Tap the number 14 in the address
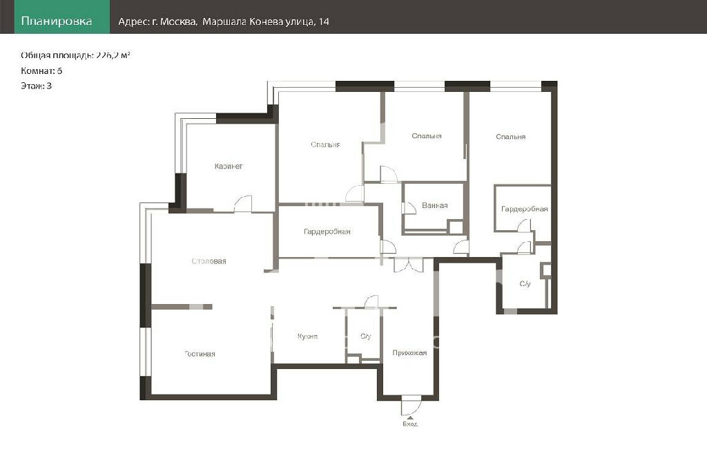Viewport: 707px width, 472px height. coord(324,21)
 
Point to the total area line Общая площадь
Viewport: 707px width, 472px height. coord(75,55)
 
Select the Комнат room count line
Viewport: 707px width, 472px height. coord(41,71)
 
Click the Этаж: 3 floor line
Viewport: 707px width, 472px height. coord(36,86)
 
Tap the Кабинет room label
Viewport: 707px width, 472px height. coord(229,167)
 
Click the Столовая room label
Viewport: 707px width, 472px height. coord(209,261)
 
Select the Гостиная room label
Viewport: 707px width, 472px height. coord(200,355)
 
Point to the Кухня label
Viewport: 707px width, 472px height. coord(307,337)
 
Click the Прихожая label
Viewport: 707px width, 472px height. coord(409,353)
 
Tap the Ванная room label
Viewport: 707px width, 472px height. coord(435,206)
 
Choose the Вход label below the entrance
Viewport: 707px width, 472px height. coord(410,424)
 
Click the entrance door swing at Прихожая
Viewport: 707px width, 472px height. coord(411,406)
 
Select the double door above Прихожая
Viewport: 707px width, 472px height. coord(409,265)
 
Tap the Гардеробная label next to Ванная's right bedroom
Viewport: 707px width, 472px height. coord(525,209)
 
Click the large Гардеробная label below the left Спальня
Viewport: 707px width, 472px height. coord(327,232)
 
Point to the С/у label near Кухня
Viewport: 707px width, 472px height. coord(366,337)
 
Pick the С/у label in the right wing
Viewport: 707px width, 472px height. coord(525,284)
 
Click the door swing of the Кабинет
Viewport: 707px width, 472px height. coord(242,204)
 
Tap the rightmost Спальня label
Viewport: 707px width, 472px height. coord(510,137)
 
